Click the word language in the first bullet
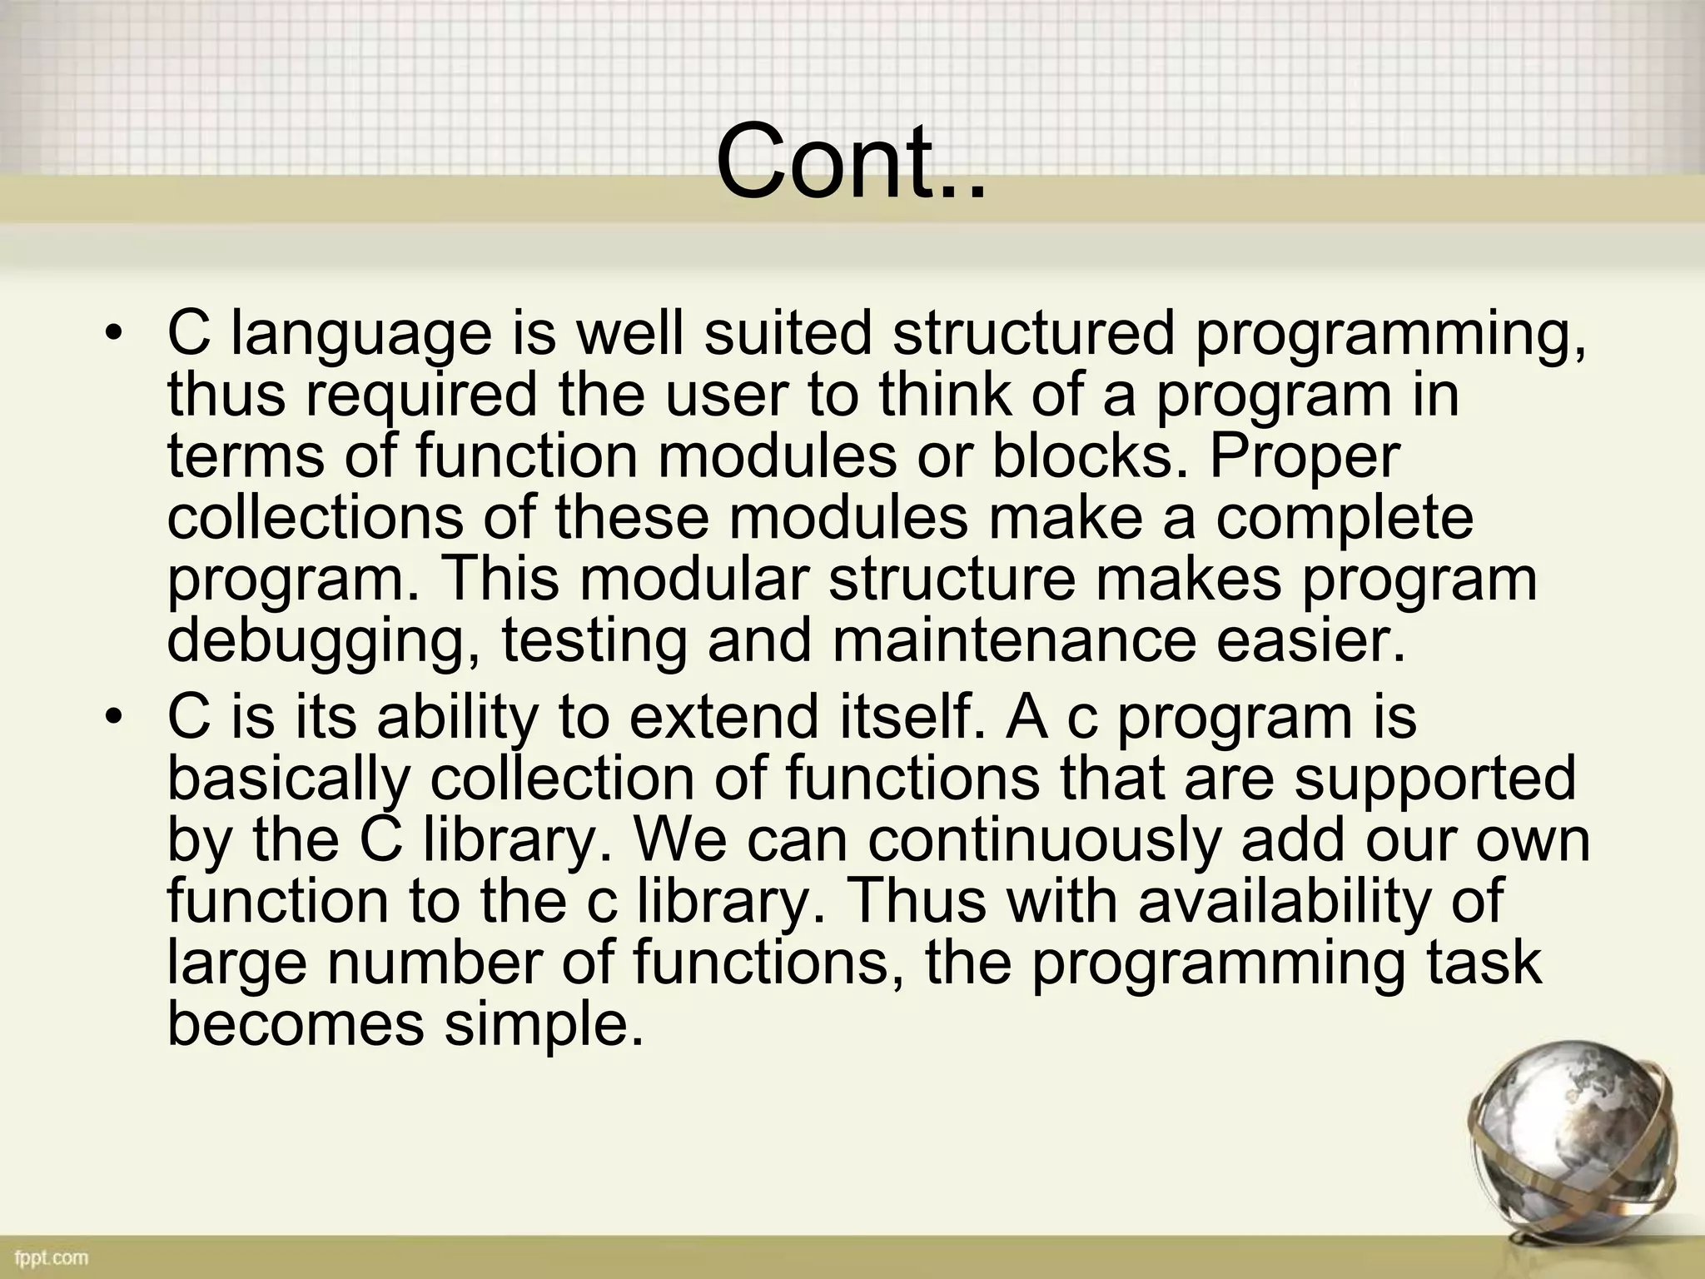pos(360,336)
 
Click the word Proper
pos(1305,458)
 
